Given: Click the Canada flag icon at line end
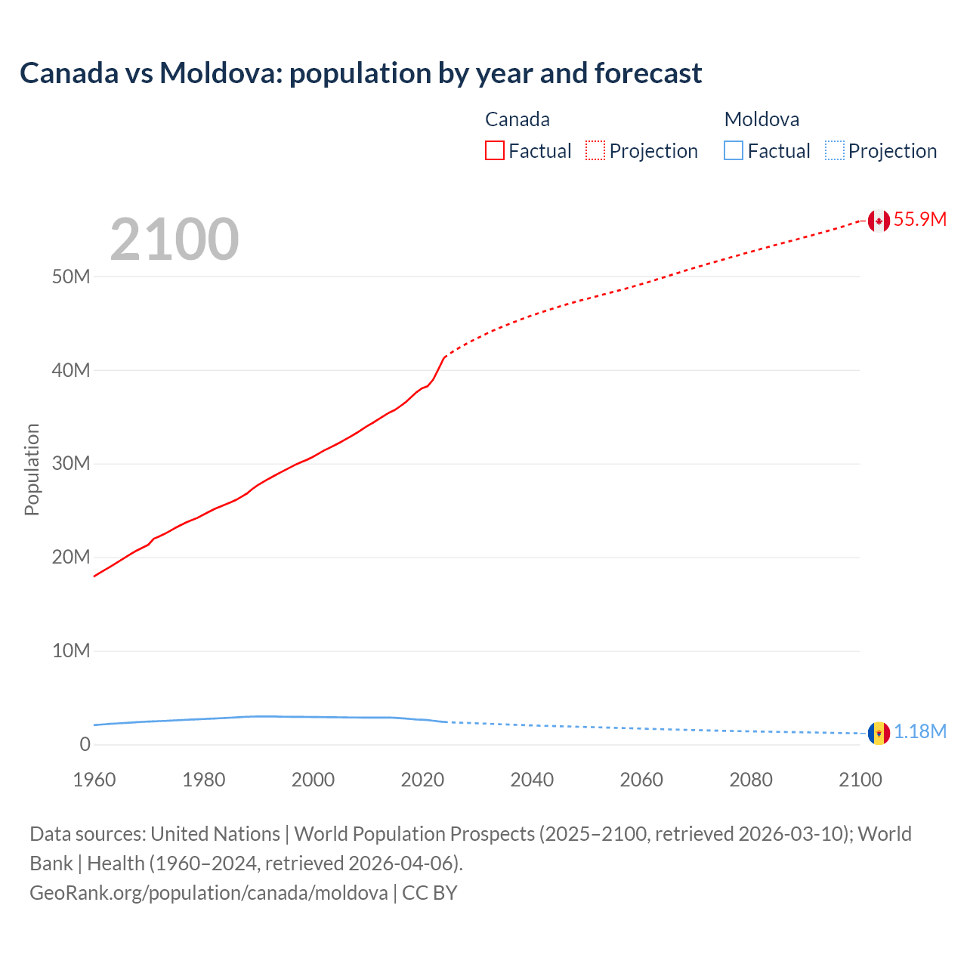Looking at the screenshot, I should [x=878, y=221].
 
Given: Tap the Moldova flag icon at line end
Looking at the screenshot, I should [x=878, y=733].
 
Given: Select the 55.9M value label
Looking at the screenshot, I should [x=919, y=220].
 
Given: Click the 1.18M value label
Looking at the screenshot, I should [x=920, y=732].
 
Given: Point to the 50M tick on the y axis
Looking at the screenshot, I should [x=71, y=277].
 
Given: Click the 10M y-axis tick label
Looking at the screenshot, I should [x=71, y=650].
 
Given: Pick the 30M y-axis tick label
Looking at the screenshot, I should [x=71, y=463].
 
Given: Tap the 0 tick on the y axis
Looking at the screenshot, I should [x=85, y=744].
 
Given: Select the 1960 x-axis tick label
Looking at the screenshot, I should [x=94, y=780].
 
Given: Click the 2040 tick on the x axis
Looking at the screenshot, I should [x=532, y=780].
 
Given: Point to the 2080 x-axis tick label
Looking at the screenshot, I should [x=751, y=780].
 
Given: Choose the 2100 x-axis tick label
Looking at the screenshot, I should [x=860, y=780].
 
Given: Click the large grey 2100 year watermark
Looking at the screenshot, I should [x=175, y=239].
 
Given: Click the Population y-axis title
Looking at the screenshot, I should [x=32, y=469].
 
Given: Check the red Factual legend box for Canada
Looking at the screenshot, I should [x=495, y=151].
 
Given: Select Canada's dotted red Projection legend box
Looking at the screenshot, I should [x=595, y=151].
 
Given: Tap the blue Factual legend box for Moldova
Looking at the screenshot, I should [x=734, y=151].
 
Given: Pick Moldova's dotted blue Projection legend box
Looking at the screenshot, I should [x=834, y=151].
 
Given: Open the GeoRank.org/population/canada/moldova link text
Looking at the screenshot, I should [x=209, y=893].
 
